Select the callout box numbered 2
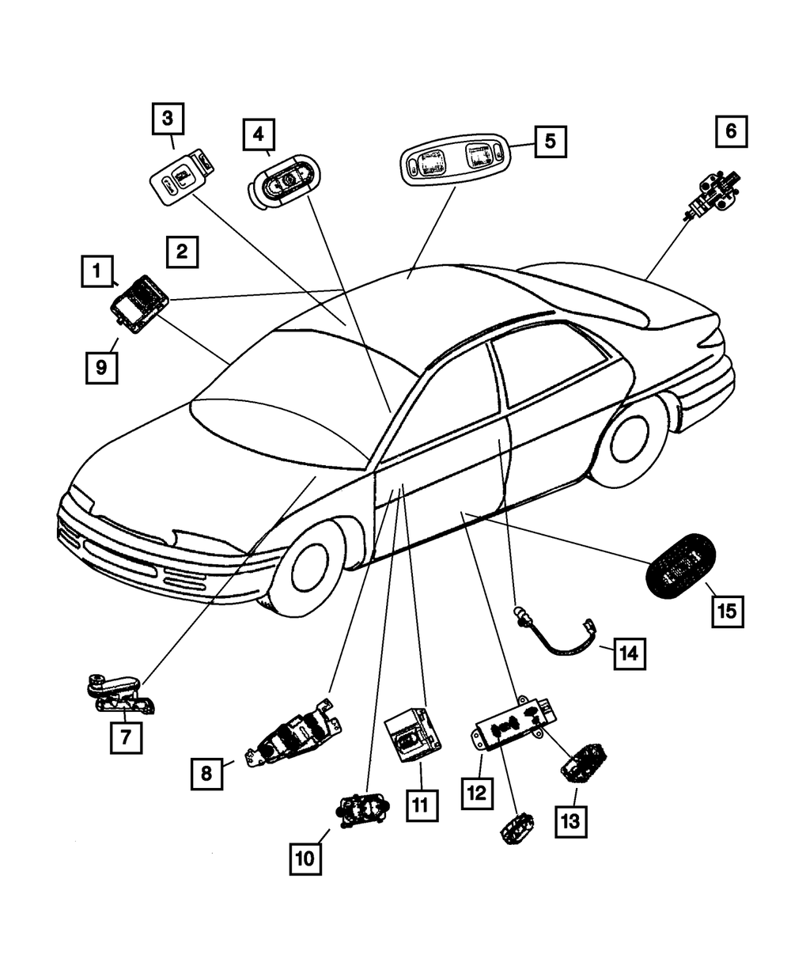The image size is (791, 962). click(182, 253)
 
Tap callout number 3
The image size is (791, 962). click(168, 119)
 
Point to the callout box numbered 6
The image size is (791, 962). click(731, 131)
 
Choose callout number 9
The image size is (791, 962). click(102, 367)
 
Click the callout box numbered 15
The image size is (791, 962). click(727, 610)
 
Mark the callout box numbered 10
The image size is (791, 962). click(306, 858)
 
